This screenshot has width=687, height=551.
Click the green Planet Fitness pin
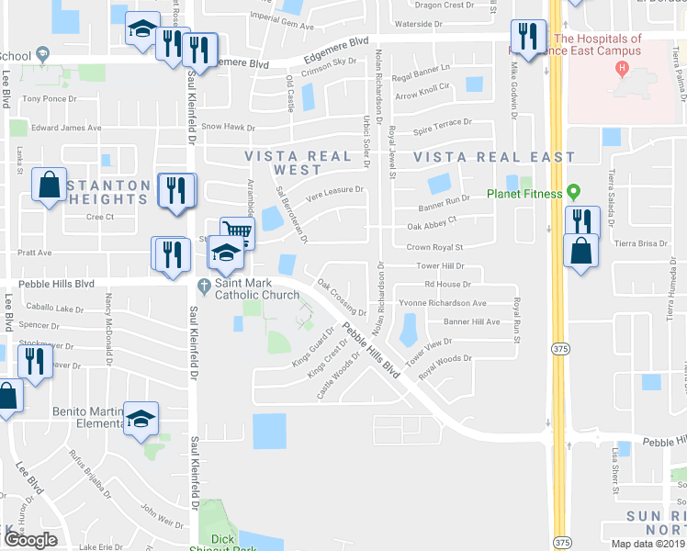point(574,193)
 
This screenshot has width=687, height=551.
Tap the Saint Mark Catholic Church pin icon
point(204,284)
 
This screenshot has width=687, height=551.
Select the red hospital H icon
point(624,69)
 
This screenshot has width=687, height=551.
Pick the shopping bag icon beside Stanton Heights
point(49,185)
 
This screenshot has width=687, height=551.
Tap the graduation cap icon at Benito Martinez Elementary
point(141,418)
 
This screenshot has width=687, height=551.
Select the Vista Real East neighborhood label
point(494,158)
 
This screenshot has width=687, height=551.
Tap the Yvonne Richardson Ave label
point(442,302)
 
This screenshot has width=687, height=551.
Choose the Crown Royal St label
point(434,247)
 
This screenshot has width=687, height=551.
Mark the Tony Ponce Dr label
point(46,98)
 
